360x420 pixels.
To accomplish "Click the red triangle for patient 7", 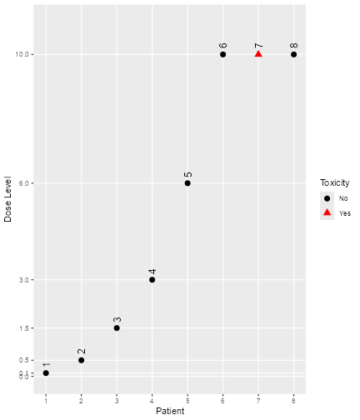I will tap(258, 54).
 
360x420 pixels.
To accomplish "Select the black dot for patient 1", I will tap(46, 373).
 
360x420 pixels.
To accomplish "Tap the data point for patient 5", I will tap(187, 183).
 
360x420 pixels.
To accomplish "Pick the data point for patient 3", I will tap(117, 328).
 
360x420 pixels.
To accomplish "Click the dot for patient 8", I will tap(294, 54).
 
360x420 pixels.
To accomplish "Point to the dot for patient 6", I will tap(223, 54).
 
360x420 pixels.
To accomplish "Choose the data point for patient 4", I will tap(152, 280).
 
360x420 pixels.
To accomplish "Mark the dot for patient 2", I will tap(81, 360).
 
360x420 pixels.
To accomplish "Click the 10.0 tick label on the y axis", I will tap(22, 55).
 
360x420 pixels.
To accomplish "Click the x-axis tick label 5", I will tap(187, 401).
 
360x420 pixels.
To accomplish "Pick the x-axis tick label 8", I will tap(294, 401).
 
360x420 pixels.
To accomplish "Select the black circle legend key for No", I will tap(327, 198).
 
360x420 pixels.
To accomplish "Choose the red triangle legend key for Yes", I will tap(327, 213).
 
